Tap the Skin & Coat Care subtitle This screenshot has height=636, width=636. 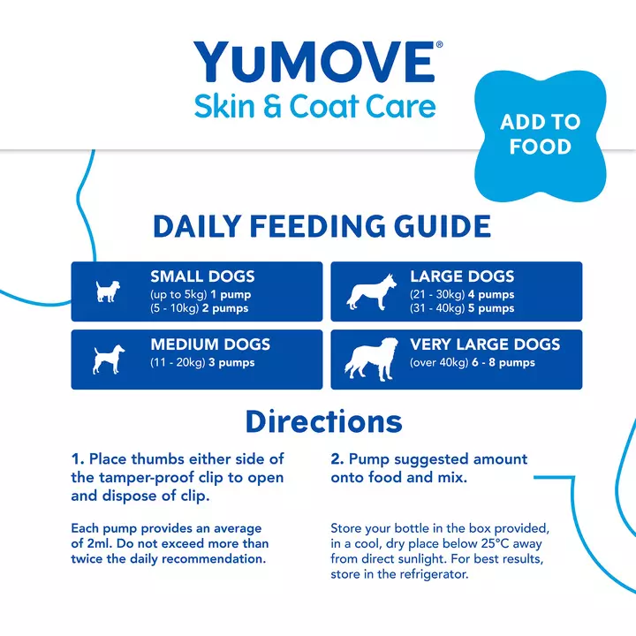point(315,106)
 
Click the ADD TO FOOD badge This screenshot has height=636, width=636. point(541,133)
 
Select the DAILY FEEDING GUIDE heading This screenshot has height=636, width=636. point(322,226)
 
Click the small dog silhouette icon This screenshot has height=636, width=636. point(107,291)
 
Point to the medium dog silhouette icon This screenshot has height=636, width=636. point(106,360)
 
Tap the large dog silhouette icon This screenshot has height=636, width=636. point(367,292)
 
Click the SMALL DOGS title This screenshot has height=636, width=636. point(202,276)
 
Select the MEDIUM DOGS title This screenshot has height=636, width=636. point(210,344)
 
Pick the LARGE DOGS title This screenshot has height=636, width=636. point(462,276)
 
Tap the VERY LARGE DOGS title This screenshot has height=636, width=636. point(485,344)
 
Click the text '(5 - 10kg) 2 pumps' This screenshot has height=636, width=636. point(200,308)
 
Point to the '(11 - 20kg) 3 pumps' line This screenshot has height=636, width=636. point(202,363)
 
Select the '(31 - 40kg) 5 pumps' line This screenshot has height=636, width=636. point(462,308)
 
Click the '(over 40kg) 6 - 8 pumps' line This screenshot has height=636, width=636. point(473,363)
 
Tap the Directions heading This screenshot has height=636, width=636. point(323,420)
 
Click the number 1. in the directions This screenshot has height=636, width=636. point(78,458)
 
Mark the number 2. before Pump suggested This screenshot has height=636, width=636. point(337,458)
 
